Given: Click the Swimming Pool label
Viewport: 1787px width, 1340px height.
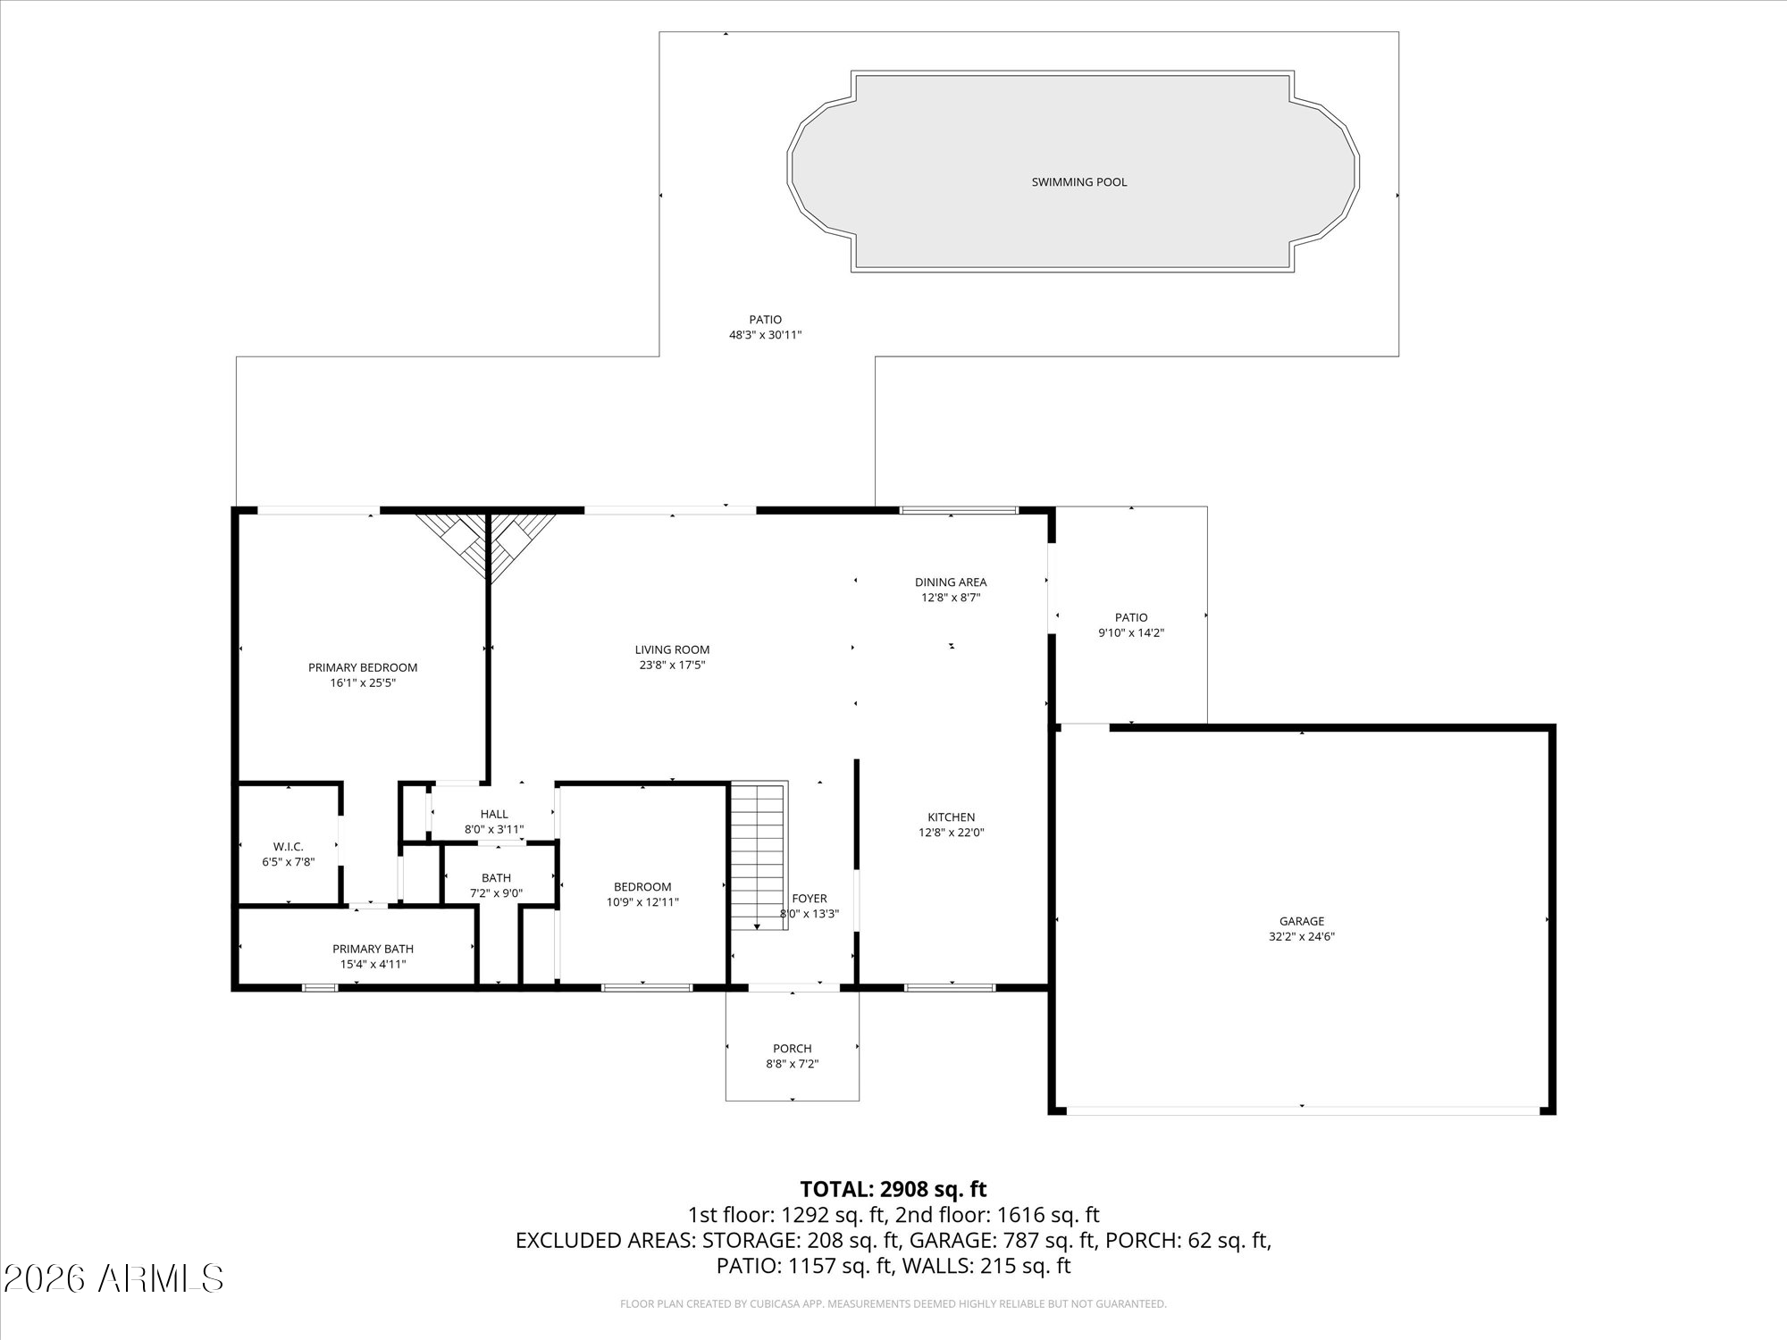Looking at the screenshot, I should [1078, 182].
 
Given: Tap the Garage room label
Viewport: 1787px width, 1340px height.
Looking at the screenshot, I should [1301, 921].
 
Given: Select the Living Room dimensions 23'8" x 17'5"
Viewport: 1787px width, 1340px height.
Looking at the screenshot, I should [672, 666].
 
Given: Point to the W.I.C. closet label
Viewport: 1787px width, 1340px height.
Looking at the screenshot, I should [288, 847].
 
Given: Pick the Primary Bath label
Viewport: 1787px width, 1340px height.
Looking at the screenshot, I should [373, 949].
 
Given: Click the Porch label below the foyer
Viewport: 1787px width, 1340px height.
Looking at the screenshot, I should [792, 1049].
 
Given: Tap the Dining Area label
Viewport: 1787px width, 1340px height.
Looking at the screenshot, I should [951, 582].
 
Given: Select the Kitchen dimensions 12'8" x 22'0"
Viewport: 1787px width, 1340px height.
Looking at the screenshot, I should [951, 833].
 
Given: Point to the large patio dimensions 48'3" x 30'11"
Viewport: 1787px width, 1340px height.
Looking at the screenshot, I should [765, 335].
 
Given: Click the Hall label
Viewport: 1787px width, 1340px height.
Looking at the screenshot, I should [494, 814].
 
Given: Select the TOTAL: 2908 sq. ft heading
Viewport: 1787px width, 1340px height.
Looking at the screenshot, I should [893, 1189].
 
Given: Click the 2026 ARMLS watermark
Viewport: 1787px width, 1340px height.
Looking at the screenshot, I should [113, 1279].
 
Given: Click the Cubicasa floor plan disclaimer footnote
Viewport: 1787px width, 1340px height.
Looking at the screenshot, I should [893, 1304].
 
